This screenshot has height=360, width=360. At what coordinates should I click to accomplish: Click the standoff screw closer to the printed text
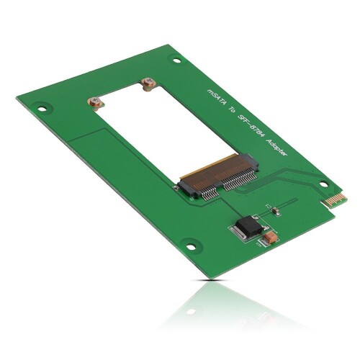pos(148,85)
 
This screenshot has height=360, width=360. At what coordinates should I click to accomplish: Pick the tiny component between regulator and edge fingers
pos(274,210)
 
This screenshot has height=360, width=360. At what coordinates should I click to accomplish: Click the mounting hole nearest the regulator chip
pos(191,248)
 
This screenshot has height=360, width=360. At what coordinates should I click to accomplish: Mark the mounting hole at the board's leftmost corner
pos(42,109)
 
